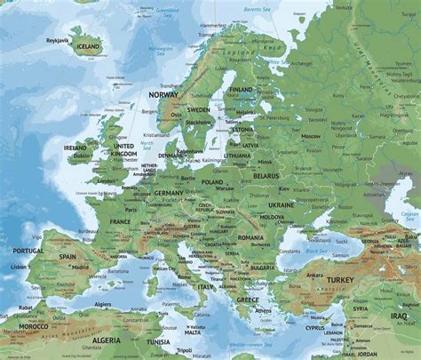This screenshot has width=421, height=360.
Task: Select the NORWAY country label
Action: point(164,93)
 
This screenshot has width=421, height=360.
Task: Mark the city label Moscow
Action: point(310,136)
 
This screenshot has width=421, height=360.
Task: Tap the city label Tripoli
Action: point(183,350)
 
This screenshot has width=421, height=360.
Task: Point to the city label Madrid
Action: point(80,266)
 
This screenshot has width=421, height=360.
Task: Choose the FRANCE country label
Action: point(120,220)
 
